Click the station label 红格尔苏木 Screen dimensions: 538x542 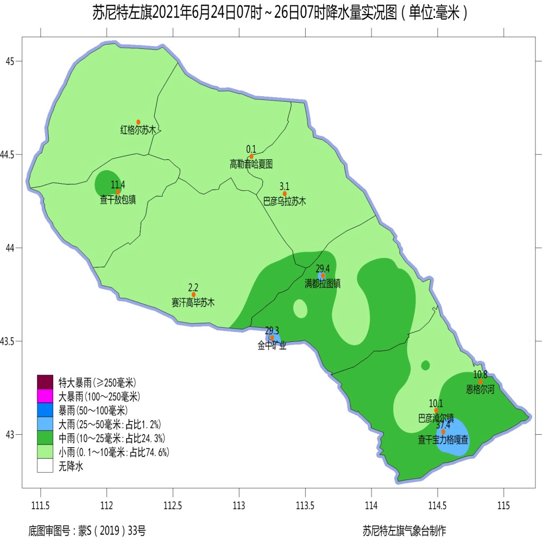pyautogui.click(x=138, y=130)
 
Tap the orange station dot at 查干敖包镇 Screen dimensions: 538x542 pyautogui.click(x=118, y=191)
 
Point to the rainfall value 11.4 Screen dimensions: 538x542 pyautogui.click(x=118, y=184)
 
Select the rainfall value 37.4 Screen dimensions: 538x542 pyautogui.click(x=443, y=424)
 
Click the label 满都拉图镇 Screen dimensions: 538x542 pyautogui.click(x=323, y=284)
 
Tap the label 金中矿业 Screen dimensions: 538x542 pyautogui.click(x=272, y=345)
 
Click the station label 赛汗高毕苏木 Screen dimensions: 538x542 pyautogui.click(x=193, y=303)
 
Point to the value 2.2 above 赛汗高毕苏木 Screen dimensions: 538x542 pyautogui.click(x=193, y=287)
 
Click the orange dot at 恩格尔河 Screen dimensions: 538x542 pyautogui.click(x=480, y=381)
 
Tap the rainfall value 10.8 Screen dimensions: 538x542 pyautogui.click(x=480, y=374)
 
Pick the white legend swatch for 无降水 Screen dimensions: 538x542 pyautogui.click(x=45, y=466)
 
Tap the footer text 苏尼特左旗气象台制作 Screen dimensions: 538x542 pyautogui.click(x=407, y=528)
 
